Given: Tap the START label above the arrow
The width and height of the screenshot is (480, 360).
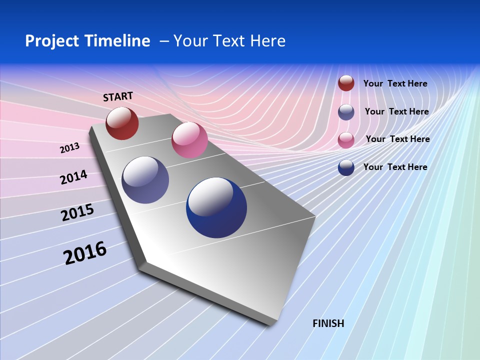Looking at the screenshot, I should [x=118, y=96].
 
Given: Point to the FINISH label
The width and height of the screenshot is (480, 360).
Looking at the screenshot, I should [x=328, y=323].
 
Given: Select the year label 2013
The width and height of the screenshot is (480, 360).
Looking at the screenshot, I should [x=69, y=148].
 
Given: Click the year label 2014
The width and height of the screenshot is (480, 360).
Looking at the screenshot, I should [x=73, y=177].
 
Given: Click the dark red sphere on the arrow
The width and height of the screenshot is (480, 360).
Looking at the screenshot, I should [x=122, y=123].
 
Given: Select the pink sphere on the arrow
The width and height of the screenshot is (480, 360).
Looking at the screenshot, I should [x=189, y=140].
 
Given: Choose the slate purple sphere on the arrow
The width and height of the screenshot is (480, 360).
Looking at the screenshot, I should [x=145, y=180].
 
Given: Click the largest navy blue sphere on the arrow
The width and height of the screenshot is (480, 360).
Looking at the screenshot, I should [x=216, y=207].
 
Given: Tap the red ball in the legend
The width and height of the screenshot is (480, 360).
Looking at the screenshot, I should [x=346, y=83].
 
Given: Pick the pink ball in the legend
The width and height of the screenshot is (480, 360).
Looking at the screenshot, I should [x=346, y=140].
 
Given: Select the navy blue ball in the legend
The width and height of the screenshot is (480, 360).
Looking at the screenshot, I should [x=346, y=167].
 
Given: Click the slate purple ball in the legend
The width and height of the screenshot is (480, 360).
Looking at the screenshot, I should [x=346, y=112].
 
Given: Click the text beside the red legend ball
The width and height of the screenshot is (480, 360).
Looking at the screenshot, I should [x=395, y=83].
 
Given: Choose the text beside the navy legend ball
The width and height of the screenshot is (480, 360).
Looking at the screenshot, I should [x=395, y=167].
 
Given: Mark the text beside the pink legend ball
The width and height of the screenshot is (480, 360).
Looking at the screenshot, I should [x=397, y=139].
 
